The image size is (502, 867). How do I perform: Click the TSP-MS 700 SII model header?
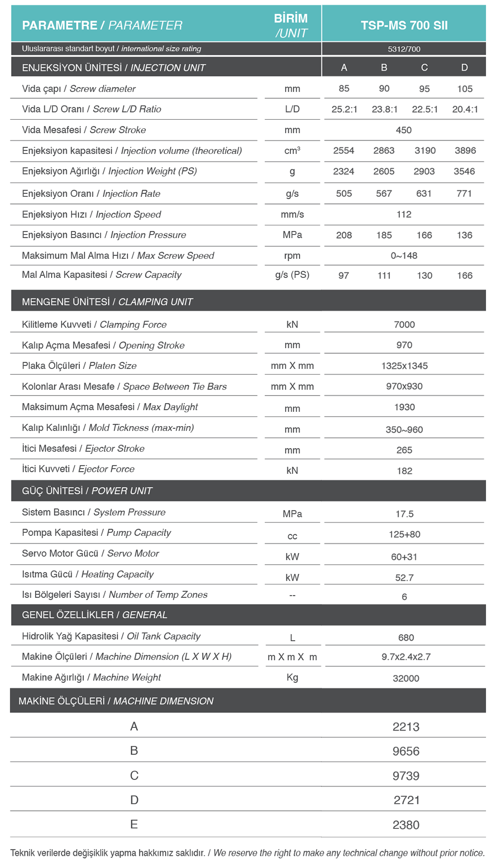404,25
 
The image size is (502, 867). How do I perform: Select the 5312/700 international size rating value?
404,49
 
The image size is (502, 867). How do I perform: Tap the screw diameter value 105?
464,89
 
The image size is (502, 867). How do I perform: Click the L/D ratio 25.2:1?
344,109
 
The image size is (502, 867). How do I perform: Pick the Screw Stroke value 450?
403,130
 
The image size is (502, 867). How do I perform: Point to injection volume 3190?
425,151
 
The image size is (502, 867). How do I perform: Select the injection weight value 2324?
343,172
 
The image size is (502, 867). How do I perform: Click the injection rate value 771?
464,194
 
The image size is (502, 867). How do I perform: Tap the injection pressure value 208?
344,235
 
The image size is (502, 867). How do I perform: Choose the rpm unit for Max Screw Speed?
292,256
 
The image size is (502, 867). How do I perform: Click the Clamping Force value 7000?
404,325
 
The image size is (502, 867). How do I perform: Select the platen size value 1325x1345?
404,366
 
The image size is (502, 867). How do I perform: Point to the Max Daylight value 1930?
404,407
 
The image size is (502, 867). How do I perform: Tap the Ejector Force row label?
78,469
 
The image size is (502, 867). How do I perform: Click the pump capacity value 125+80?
404,534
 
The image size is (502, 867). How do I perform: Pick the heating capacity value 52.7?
404,578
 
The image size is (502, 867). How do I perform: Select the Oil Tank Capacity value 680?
406,638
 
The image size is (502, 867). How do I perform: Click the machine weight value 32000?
406,678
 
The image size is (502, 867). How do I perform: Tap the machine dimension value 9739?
406,776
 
